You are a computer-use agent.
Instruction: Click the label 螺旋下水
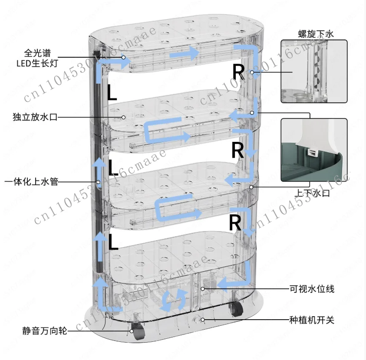[x=316, y=33]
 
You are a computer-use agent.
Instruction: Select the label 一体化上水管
[x=31, y=182]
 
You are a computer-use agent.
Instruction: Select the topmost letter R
[x=238, y=72]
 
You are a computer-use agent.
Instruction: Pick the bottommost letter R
[x=235, y=223]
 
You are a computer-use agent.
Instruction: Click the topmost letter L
[x=112, y=92]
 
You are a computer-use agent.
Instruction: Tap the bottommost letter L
[x=113, y=242]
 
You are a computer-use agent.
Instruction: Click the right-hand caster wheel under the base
[x=236, y=309]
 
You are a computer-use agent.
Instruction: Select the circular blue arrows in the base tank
[x=175, y=300]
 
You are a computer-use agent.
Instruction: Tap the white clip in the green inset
[x=311, y=152]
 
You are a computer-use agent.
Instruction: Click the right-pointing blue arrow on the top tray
[x=185, y=53]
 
